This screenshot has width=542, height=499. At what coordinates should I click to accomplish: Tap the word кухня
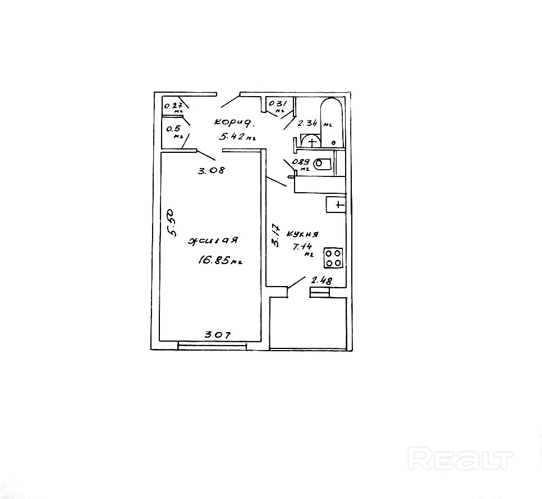point(302,234)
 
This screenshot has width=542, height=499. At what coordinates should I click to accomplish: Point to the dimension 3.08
point(211,171)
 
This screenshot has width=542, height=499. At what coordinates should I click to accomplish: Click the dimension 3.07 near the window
point(217,335)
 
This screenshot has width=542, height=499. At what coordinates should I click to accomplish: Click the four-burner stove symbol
point(333,258)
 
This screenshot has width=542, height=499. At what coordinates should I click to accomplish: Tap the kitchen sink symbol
point(337,205)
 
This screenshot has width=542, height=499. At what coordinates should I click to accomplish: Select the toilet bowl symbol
point(322,165)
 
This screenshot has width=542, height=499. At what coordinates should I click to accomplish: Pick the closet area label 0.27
point(172,105)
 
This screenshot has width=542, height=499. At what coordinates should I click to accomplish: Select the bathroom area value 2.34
point(308,123)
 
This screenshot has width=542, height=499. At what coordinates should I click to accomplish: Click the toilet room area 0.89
point(302,163)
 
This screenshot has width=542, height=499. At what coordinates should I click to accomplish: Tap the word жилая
point(214,241)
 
